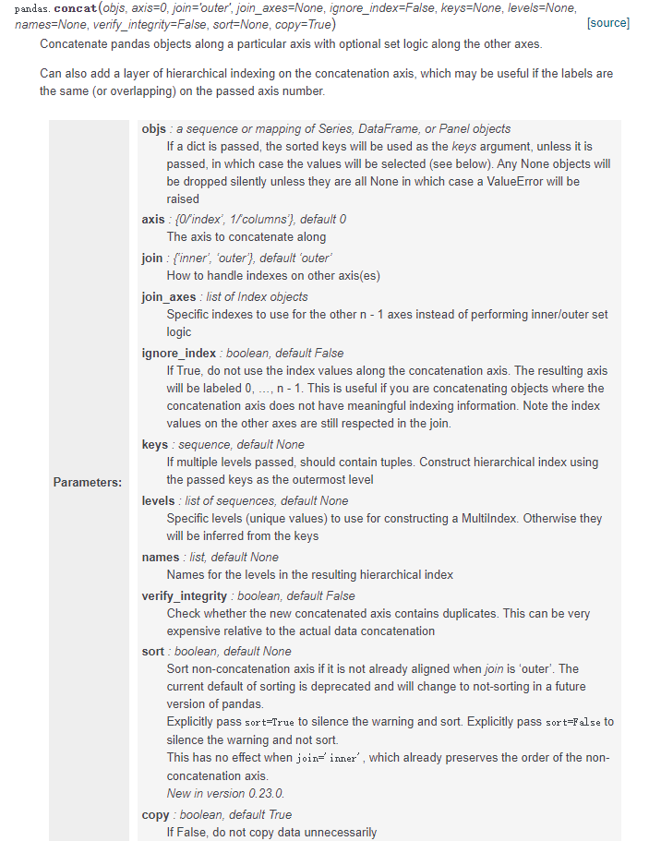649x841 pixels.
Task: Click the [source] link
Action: pyautogui.click(x=607, y=23)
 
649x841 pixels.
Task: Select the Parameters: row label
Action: pyautogui.click(x=87, y=482)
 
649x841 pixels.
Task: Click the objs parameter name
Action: pyautogui.click(x=153, y=128)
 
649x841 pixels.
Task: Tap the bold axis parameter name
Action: pyautogui.click(x=152, y=219)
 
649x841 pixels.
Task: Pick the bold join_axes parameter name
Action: pyautogui.click(x=168, y=296)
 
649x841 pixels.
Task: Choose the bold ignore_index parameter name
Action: pyautogui.click(x=178, y=353)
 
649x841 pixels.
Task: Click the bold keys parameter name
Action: pyautogui.click(x=154, y=444)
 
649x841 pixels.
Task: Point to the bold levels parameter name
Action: pyautogui.click(x=158, y=500)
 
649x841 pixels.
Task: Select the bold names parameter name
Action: pyautogui.click(x=160, y=557)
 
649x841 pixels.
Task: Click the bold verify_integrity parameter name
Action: pyautogui.click(x=184, y=595)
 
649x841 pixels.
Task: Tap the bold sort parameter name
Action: pyautogui.click(x=152, y=651)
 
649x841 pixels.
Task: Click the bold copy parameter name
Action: pyautogui.click(x=155, y=814)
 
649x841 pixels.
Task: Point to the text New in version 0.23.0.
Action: pyautogui.click(x=225, y=793)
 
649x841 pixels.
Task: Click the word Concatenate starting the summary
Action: pyautogui.click(x=78, y=43)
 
